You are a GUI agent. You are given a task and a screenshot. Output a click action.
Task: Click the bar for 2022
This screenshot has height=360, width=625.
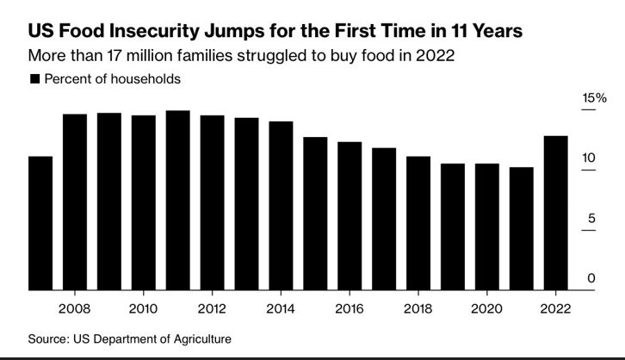[x=556, y=213]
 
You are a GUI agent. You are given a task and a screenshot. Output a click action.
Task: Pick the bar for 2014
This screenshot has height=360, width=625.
[x=281, y=206]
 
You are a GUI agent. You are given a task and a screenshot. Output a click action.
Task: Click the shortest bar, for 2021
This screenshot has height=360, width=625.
[x=522, y=228]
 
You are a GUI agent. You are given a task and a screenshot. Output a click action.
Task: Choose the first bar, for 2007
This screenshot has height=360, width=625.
[x=40, y=223]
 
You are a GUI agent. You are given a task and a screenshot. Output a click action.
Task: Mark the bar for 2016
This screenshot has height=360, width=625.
[x=350, y=216]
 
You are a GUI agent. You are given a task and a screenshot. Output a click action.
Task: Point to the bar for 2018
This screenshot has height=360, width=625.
[x=418, y=223]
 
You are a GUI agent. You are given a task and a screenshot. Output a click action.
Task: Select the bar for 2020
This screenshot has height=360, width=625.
[x=487, y=227]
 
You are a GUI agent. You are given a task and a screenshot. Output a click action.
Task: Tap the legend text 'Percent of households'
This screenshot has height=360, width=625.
[x=112, y=78]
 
